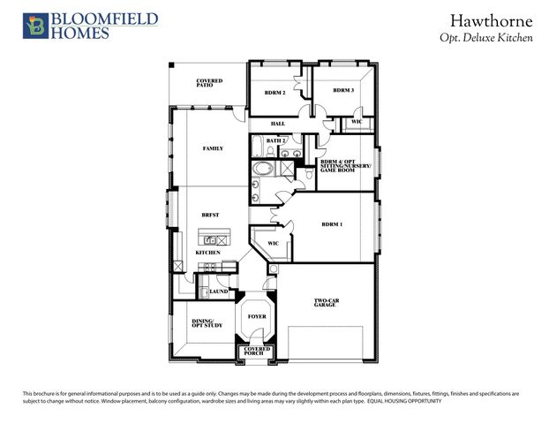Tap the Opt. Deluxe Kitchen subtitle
486,39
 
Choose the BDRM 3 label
343,90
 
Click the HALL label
277,124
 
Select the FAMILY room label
213,148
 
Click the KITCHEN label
207,253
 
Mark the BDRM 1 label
332,224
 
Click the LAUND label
218,291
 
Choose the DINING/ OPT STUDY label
207,323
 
